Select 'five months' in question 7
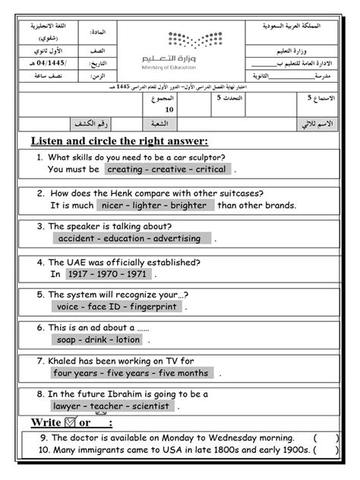[183, 374]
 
